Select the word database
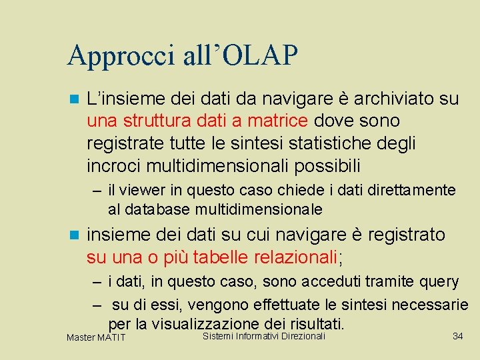157,209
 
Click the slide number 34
457,336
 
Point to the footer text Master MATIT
96,338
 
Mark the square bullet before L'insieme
73,99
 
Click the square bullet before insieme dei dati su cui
73,235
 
